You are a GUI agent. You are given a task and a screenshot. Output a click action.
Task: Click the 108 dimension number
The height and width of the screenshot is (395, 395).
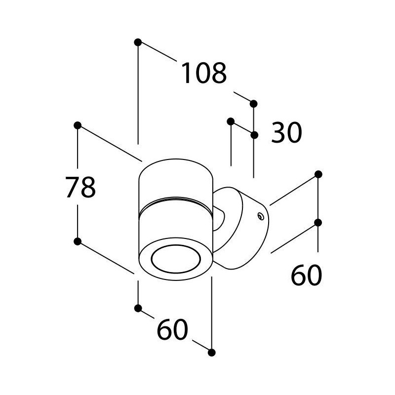[x=204, y=73]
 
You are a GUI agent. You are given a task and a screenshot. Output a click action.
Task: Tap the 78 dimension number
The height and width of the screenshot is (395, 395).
[x=80, y=187]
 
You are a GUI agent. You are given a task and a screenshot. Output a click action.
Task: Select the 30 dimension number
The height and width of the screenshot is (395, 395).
[x=286, y=132]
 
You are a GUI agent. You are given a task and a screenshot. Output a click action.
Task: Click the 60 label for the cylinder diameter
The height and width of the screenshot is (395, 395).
[x=172, y=329]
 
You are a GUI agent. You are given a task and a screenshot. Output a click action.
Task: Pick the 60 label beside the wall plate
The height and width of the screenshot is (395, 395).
[x=306, y=275]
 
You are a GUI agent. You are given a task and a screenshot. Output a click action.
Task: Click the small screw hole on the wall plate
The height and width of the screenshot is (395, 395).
[x=261, y=216]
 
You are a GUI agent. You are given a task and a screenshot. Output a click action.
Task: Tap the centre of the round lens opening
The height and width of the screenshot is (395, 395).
[x=176, y=258]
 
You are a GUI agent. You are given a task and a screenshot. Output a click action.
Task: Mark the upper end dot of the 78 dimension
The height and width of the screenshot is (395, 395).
[x=78, y=125]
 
